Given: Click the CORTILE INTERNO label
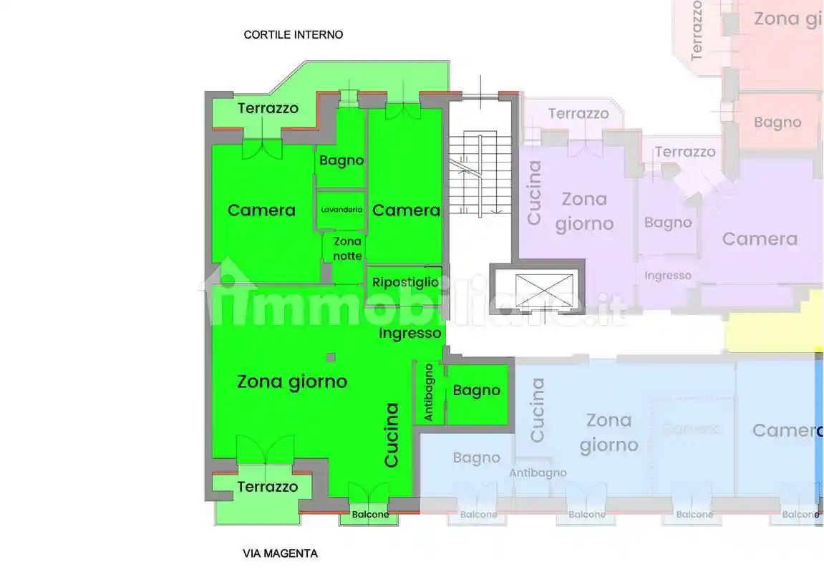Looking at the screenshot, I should tap(293, 34).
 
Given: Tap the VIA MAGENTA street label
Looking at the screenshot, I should tap(280, 553).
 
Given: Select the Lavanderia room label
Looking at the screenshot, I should tap(341, 210).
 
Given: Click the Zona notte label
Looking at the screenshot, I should tap(347, 248).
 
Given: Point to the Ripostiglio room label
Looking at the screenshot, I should tap(405, 282).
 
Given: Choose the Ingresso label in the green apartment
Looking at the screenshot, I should tap(410, 333).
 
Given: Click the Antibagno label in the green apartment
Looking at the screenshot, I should tap(429, 392).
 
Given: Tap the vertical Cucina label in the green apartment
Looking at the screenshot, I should tap(392, 435).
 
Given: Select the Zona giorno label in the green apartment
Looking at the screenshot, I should tap(292, 382).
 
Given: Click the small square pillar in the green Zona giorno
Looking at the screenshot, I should tap(330, 357).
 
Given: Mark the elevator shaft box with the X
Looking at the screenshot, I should tap(537, 288).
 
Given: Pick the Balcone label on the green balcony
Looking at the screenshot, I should tap(370, 515).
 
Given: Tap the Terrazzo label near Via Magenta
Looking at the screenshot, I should tap(267, 487).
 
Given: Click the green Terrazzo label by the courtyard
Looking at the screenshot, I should tap(268, 108).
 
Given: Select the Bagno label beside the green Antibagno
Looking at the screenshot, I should tap(476, 390).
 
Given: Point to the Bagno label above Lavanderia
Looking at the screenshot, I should tap(341, 160).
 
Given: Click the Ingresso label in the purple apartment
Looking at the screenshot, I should tap(668, 276).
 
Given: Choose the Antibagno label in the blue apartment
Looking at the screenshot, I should tap(538, 472).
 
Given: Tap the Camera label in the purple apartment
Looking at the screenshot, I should tap(760, 238).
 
